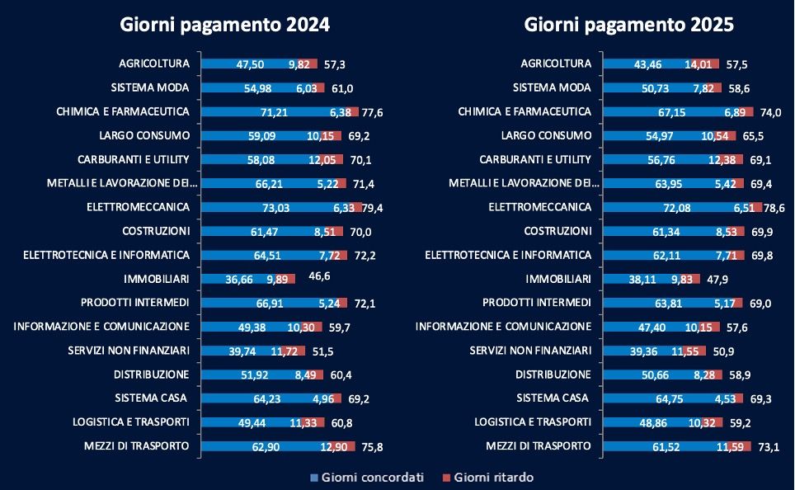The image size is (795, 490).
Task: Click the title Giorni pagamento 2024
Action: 224,24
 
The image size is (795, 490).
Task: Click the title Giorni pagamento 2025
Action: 629,24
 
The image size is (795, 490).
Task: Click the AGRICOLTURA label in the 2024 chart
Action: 154,64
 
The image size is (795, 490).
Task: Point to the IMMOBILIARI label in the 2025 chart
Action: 559,279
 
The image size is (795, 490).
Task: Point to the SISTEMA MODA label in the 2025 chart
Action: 552,87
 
